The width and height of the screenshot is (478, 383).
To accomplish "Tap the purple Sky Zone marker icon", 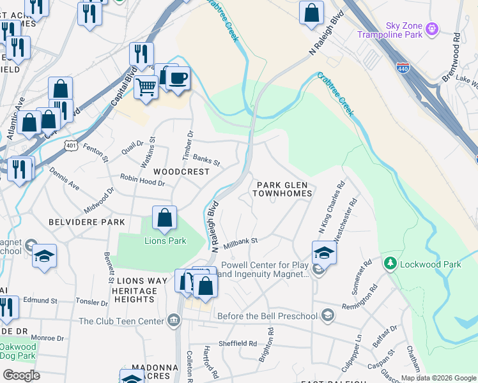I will point(433,29).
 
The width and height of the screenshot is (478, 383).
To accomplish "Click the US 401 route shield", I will point(70,146).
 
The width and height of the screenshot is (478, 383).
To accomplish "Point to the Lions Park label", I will point(165,241).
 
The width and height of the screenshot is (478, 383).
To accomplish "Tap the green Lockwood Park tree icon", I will point(389,263).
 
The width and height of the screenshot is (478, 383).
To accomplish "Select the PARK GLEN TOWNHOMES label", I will point(284,188).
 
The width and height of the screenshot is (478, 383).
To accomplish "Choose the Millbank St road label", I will point(240,243).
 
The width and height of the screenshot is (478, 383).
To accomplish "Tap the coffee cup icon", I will point(178,78).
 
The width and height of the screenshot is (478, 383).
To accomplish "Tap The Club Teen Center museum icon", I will point(173,320).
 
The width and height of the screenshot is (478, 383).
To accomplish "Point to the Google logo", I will point(21,375).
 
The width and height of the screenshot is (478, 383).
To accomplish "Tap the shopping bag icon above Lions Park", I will point(164,217).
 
